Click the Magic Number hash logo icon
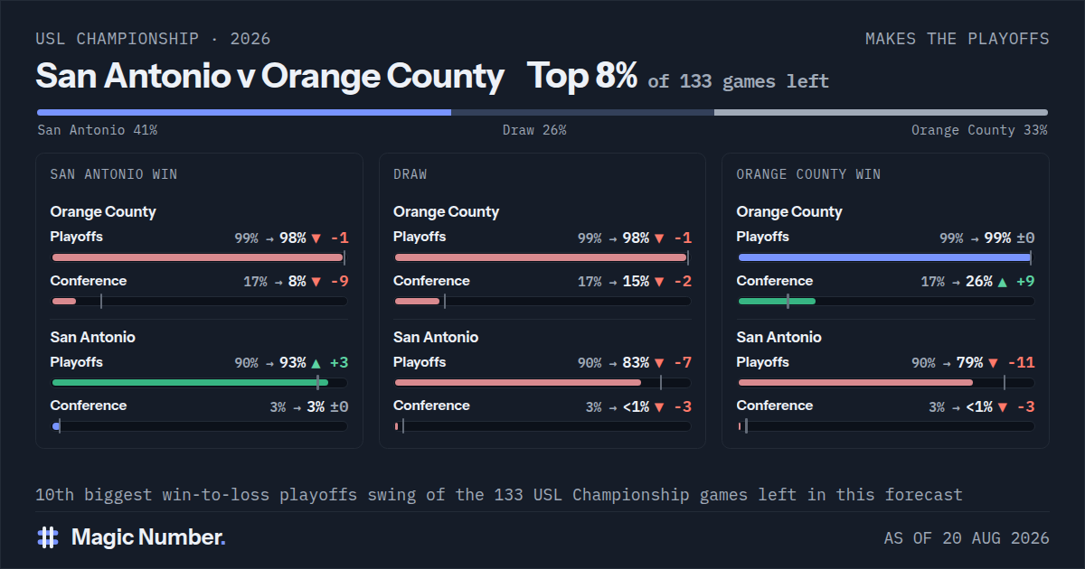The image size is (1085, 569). coord(48,537)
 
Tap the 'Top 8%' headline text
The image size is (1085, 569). coord(581,76)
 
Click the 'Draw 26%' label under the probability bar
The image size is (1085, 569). coord(534,130)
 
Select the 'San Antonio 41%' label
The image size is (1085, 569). coord(98,130)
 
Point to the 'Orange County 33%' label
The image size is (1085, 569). coord(979,130)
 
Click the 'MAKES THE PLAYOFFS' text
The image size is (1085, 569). coord(958,39)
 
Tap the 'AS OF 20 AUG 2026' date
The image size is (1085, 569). coord(967,538)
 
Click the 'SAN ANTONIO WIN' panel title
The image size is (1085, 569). coord(114,174)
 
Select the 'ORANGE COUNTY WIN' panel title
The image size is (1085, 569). coord(808,174)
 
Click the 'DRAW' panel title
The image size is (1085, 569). coord(410,174)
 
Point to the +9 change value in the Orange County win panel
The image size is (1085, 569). coord(1025,281)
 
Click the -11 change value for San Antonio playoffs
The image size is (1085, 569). coord(1021,362)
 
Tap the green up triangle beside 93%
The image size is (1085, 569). coord(316,363)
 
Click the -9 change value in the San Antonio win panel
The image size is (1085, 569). coord(340,281)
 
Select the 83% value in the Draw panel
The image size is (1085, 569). coord(636,362)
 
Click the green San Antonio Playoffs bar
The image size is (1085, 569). coord(190,383)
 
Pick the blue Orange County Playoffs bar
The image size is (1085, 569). coord(884,257)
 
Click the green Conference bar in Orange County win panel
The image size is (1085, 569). coord(777,302)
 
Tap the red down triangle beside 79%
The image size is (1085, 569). coord(993,363)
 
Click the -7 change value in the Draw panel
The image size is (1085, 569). coord(683,362)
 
